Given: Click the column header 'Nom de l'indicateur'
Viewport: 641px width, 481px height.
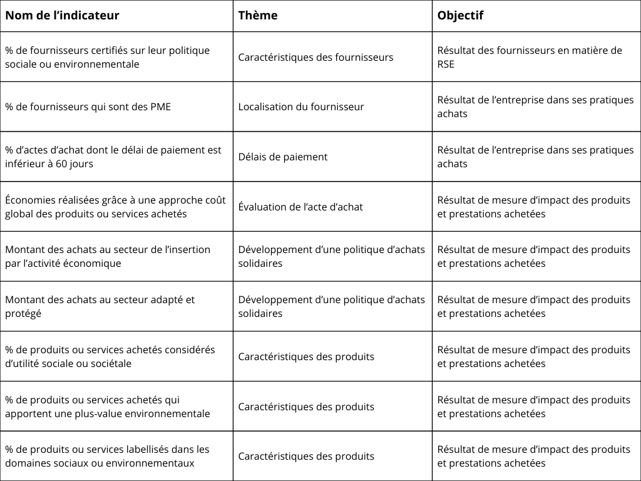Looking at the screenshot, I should tap(62, 16).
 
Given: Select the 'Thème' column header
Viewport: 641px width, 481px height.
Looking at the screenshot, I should tap(258, 16).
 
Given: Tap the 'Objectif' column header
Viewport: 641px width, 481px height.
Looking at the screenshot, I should tap(460, 16).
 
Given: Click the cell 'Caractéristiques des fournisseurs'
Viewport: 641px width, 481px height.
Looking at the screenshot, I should tap(315, 57).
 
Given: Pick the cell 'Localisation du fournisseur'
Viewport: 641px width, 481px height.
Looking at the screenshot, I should tap(301, 106).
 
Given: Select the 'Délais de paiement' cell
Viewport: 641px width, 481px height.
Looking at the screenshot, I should tap(282, 157).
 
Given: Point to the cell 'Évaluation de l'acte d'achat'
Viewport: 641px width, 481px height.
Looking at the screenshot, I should tap(300, 207).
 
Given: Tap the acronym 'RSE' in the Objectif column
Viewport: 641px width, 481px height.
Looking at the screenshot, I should tap(446, 64).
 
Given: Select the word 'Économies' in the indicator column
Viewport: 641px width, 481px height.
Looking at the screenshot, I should tap(29, 200).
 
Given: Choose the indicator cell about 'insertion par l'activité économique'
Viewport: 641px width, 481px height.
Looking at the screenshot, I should tap(108, 256).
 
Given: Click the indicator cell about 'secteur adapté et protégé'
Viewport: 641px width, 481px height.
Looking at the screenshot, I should tap(100, 306).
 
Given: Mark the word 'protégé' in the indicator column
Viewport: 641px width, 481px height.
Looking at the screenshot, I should tap(23, 313).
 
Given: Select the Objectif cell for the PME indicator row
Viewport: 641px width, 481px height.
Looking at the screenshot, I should tap(535, 106).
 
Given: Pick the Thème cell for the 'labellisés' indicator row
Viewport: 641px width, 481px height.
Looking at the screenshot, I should tap(306, 456).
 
